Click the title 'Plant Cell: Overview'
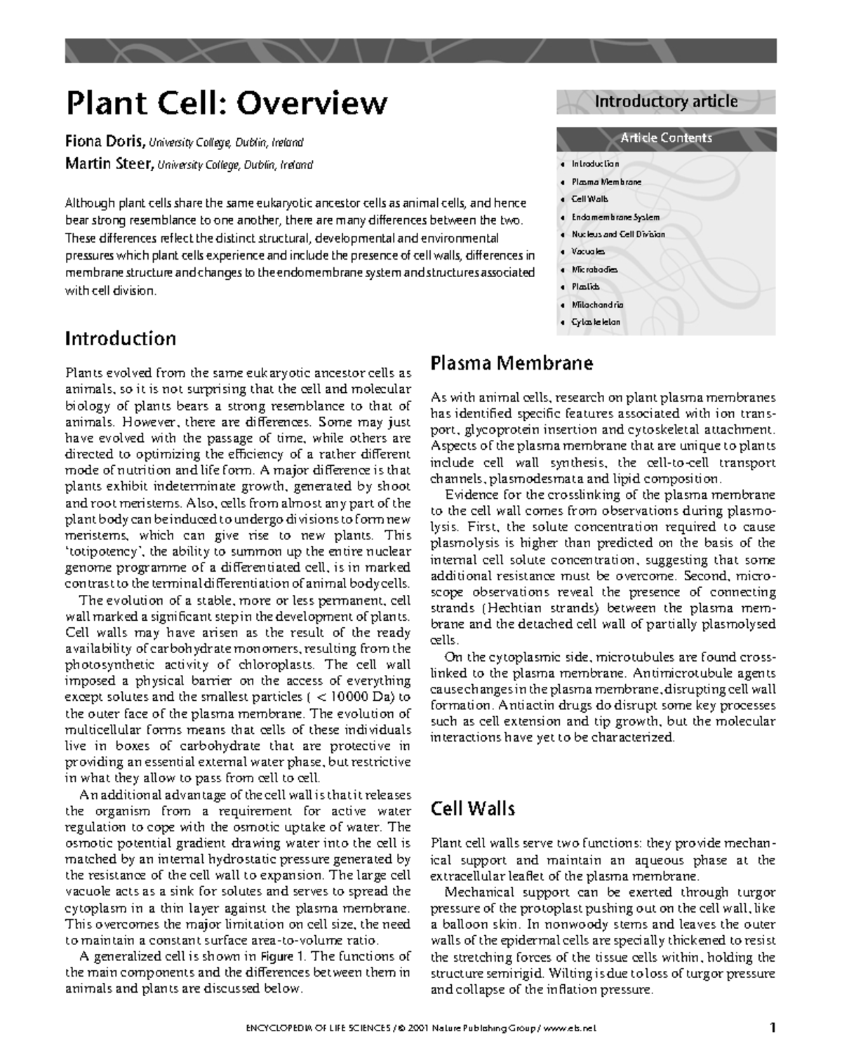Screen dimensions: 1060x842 (226, 103)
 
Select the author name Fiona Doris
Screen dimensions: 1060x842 (105, 142)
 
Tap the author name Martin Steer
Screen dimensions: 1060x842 (109, 165)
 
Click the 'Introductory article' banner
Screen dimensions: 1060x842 (666, 102)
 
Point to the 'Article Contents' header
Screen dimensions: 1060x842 (666, 138)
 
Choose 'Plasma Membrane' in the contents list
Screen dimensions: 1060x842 (606, 182)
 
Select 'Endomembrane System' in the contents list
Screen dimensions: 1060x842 (615, 217)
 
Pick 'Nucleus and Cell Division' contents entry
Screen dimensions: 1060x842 (618, 234)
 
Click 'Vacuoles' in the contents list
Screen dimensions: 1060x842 (588, 251)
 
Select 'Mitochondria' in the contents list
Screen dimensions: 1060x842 (597, 305)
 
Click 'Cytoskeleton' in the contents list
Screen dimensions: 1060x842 (596, 323)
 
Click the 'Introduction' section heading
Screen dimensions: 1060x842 (120, 339)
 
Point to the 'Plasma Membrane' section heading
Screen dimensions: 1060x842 (512, 363)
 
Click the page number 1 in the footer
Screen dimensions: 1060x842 (773, 1028)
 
